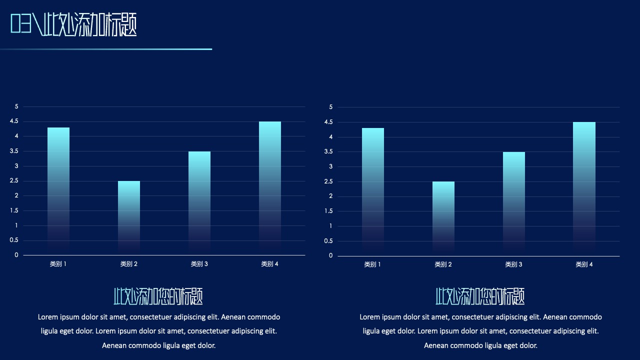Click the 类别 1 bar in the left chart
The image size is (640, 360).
coord(58,191)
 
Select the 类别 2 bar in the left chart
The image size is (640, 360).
coord(129,218)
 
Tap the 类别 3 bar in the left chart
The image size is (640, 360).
coord(199,203)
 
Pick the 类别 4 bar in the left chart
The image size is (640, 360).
coord(270,188)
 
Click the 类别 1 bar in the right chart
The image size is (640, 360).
coord(373,192)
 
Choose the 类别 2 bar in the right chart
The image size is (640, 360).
coord(443,218)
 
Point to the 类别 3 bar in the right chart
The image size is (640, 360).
coord(514,204)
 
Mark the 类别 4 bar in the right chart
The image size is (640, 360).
coord(584,189)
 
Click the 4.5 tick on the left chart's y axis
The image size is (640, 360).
coord(14,121)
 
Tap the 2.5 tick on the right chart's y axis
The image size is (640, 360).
coord(328,181)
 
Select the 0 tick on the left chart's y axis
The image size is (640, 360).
coord(16,255)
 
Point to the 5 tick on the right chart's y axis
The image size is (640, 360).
coord(331,107)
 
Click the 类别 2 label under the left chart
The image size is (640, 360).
coord(129,264)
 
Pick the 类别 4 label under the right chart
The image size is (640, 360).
coord(584,264)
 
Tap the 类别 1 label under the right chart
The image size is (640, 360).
coord(372,264)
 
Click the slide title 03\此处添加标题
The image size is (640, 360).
coord(73,24)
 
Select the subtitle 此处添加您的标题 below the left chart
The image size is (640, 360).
coord(158,296)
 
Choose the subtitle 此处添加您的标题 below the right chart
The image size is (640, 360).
coord(480,296)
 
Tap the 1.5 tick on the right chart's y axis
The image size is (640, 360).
coord(328,211)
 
